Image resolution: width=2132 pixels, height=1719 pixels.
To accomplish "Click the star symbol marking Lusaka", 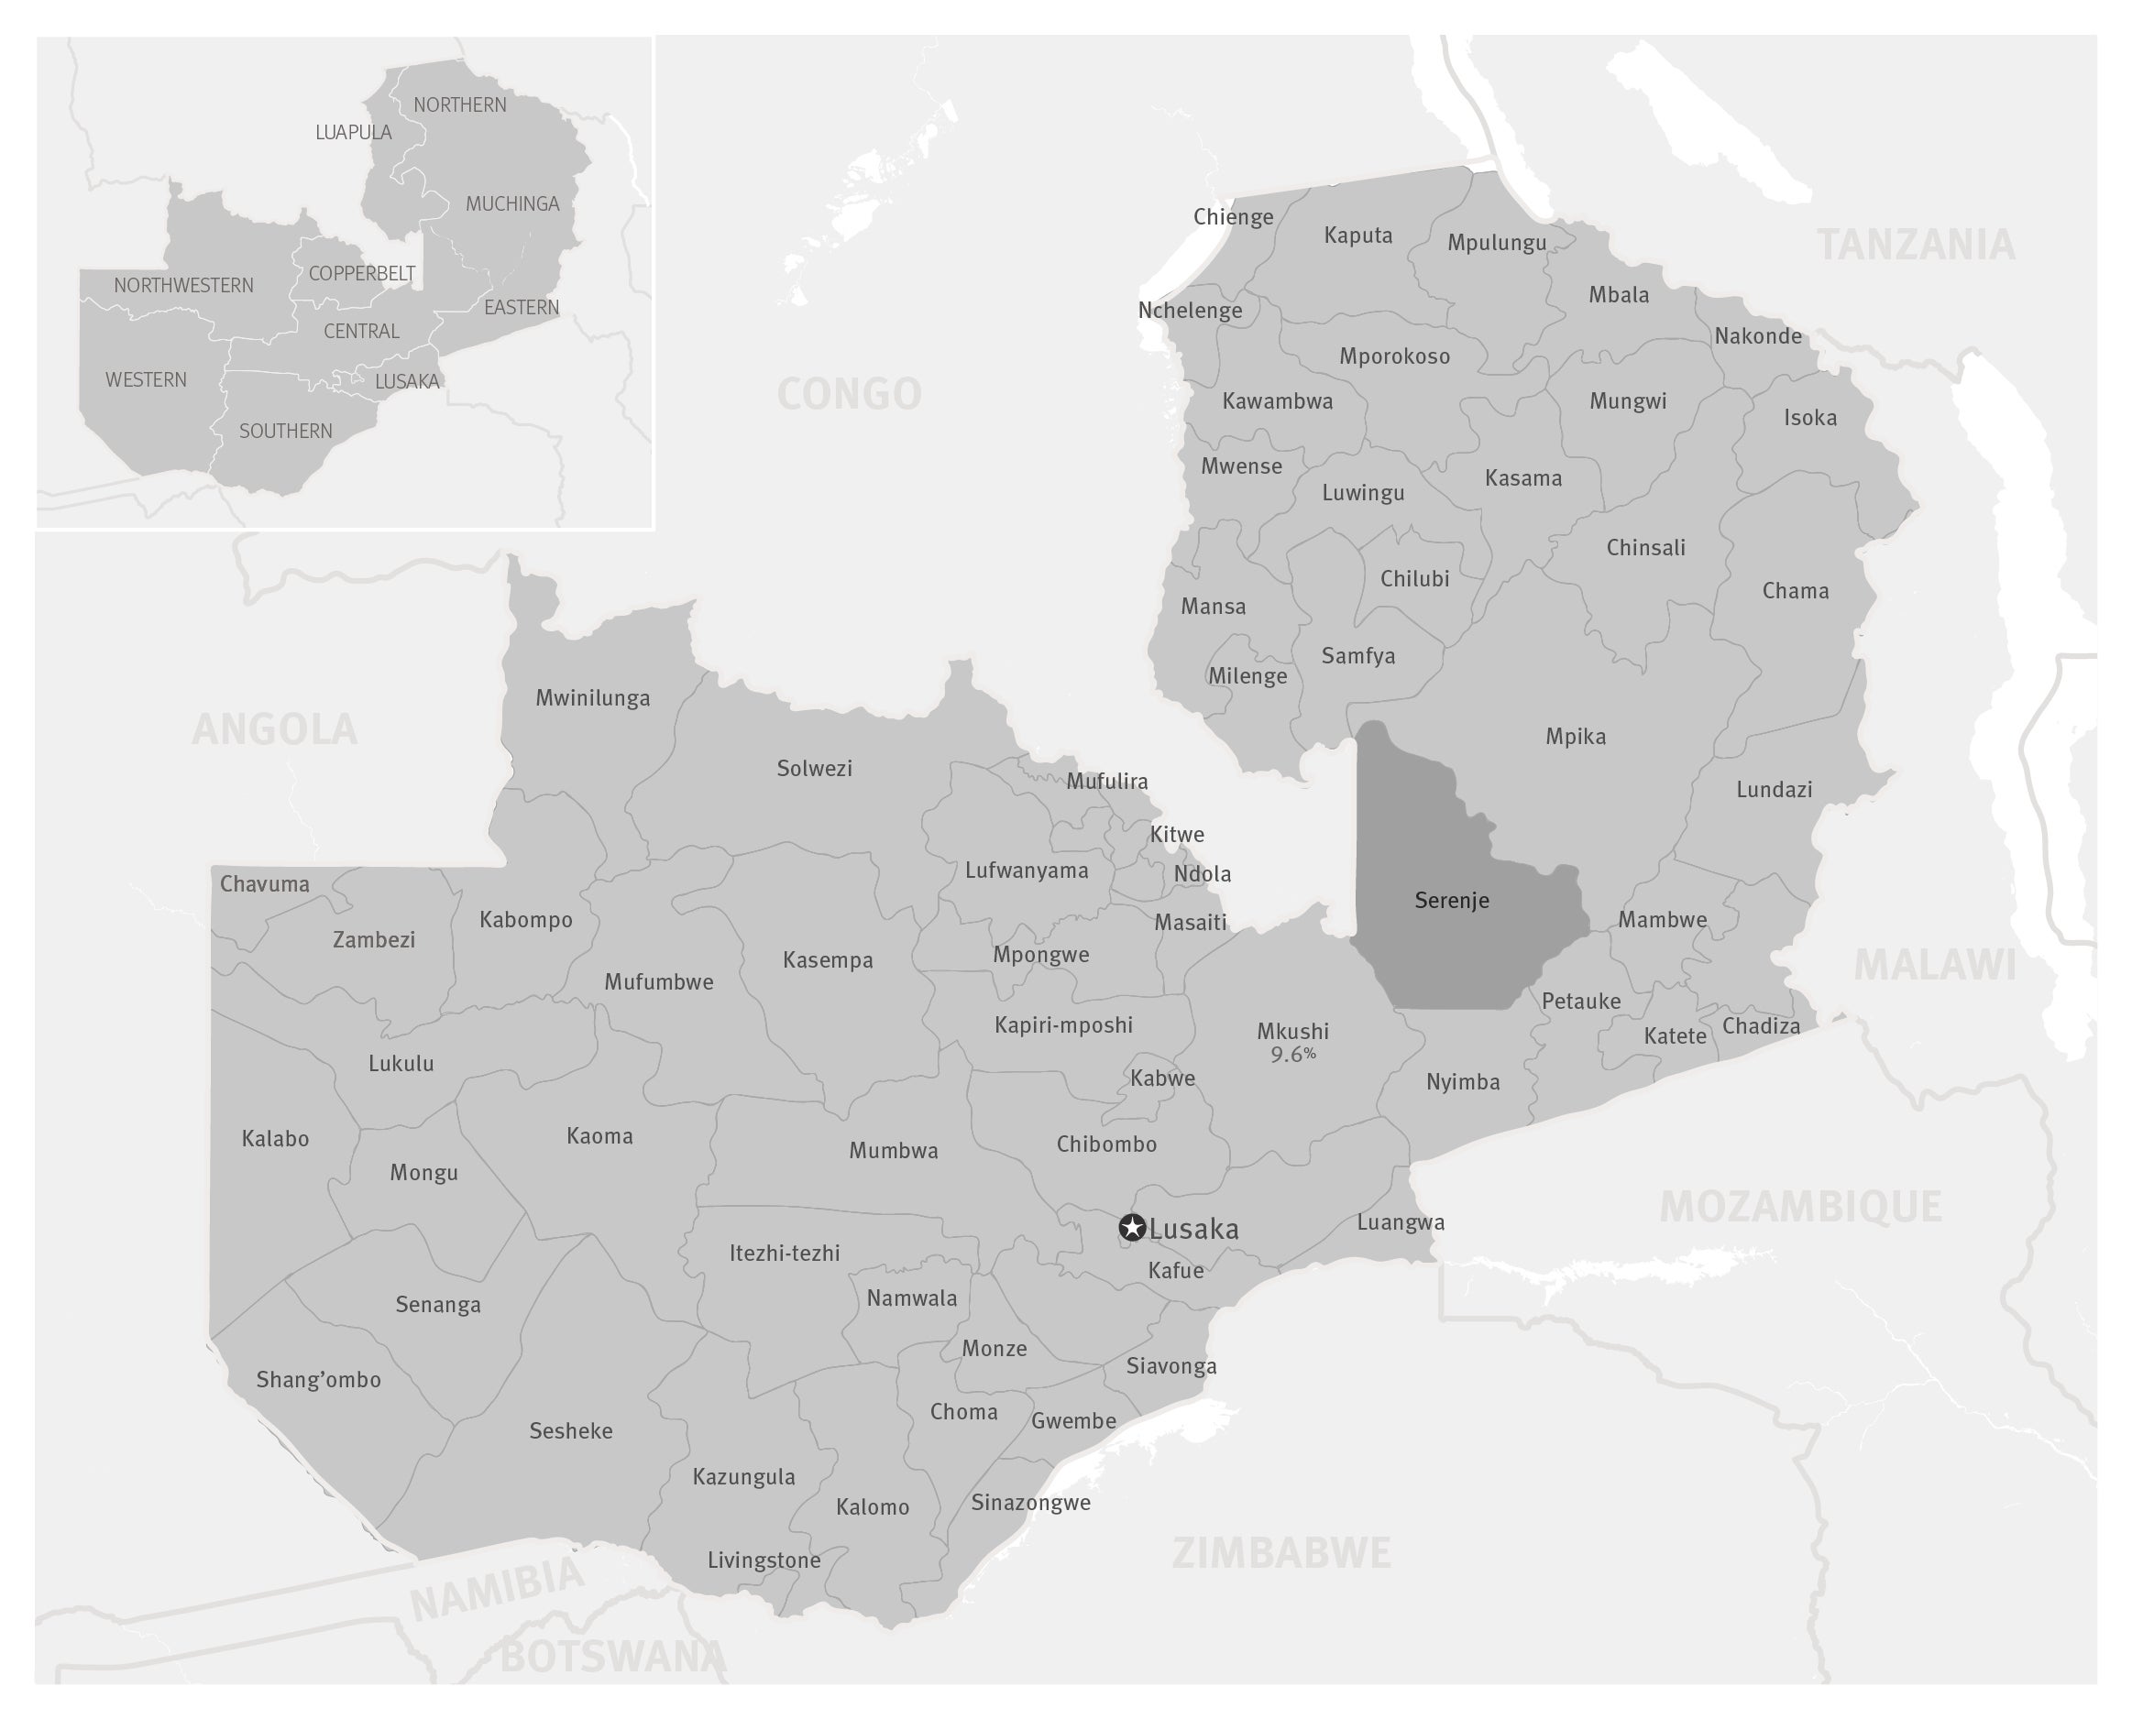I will point(1132,1228).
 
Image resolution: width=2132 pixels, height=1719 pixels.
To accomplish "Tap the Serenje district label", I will point(1452,900).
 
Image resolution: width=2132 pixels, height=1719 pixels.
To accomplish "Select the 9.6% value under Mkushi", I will point(1293,1056).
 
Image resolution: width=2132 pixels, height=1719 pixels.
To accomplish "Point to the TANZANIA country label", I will point(1916,246).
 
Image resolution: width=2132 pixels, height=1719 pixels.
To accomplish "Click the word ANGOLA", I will point(274,729).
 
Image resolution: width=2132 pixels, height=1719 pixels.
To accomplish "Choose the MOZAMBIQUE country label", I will point(1800,1207).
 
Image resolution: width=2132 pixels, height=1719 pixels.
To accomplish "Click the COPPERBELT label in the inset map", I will point(361,273).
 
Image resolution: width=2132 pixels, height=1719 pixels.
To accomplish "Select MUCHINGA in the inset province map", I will point(512,204).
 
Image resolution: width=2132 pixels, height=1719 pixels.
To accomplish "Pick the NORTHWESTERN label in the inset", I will point(183,285).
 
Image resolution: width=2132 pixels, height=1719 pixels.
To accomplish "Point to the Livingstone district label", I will point(764,1560).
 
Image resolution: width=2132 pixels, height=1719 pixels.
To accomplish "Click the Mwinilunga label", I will point(592,698).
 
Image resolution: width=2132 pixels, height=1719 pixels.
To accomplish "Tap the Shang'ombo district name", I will point(318,1379).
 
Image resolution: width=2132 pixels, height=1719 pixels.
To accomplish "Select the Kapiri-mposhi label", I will point(1063,1024).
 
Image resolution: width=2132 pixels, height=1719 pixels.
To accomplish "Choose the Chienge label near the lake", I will point(1233,217).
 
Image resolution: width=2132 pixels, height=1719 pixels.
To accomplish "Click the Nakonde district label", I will point(1758,335).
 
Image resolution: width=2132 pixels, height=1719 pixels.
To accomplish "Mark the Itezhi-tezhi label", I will point(785,1253).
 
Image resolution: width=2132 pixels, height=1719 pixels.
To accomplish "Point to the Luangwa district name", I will point(1401,1222).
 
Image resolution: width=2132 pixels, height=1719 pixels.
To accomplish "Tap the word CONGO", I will point(849,394).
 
